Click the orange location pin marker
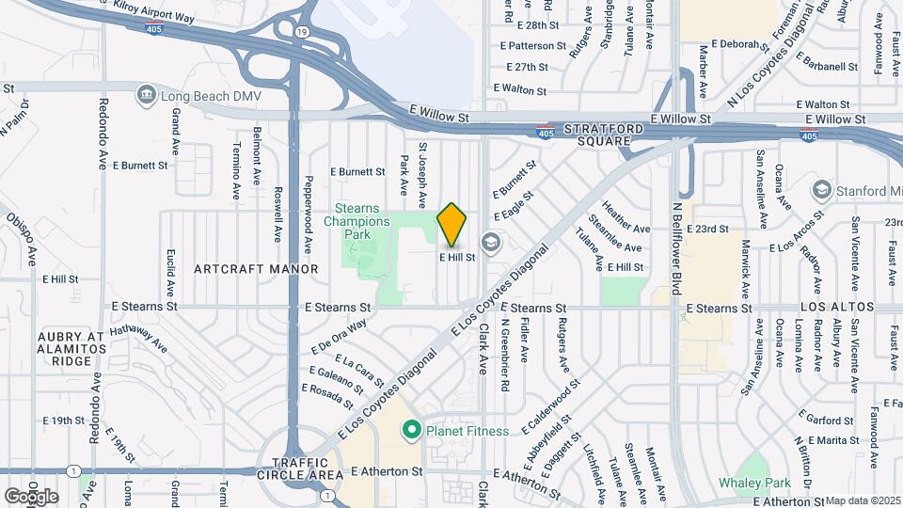(x=452, y=225)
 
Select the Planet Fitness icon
(x=410, y=431)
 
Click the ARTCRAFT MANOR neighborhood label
(x=255, y=269)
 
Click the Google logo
(x=31, y=496)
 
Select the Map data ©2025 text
(x=863, y=500)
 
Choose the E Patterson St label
(x=533, y=45)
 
